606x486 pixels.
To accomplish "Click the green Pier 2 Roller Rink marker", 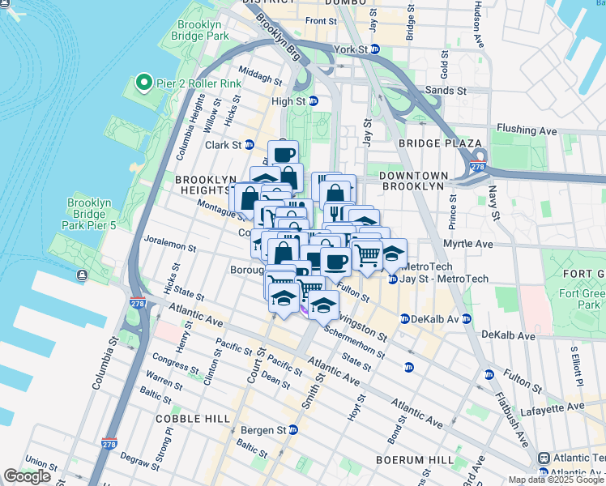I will point(143,82).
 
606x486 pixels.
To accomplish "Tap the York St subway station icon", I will point(375,49).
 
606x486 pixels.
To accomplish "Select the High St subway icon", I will point(314,101).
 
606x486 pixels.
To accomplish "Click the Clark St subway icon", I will point(250,145).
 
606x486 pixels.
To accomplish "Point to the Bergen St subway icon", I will point(293,429).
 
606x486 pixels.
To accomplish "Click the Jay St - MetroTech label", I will point(446,279).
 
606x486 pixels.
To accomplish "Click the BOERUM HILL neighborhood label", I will point(415,459).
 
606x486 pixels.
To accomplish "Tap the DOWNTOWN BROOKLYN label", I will point(413,180).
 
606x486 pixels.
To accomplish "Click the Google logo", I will point(28,476).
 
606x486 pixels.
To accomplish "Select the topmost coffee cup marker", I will point(283,154).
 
